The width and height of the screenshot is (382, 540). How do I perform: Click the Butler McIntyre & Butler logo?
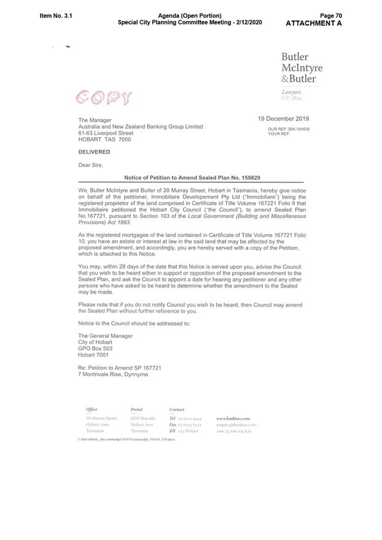coord(302,68)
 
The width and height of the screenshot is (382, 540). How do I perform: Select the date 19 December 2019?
coord(283,119)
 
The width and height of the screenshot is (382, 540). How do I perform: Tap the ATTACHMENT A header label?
coord(313,23)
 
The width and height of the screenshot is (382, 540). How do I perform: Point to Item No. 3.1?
coord(56,15)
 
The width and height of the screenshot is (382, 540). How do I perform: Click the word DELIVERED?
coord(94,152)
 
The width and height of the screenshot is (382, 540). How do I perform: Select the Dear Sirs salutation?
coord(91,165)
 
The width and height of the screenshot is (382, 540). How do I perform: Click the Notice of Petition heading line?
coord(190,177)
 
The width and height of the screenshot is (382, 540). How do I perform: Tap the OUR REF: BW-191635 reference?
coord(289,129)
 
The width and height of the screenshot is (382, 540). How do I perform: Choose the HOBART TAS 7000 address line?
coord(104,139)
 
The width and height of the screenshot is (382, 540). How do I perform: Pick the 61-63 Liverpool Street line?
coord(106,133)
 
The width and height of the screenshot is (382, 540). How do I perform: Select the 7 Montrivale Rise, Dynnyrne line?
coord(113,374)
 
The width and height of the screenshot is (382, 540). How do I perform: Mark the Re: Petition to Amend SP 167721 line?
coord(119,367)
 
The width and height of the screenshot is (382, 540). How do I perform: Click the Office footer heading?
coord(92,409)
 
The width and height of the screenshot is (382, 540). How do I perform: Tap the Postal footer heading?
coord(136,409)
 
